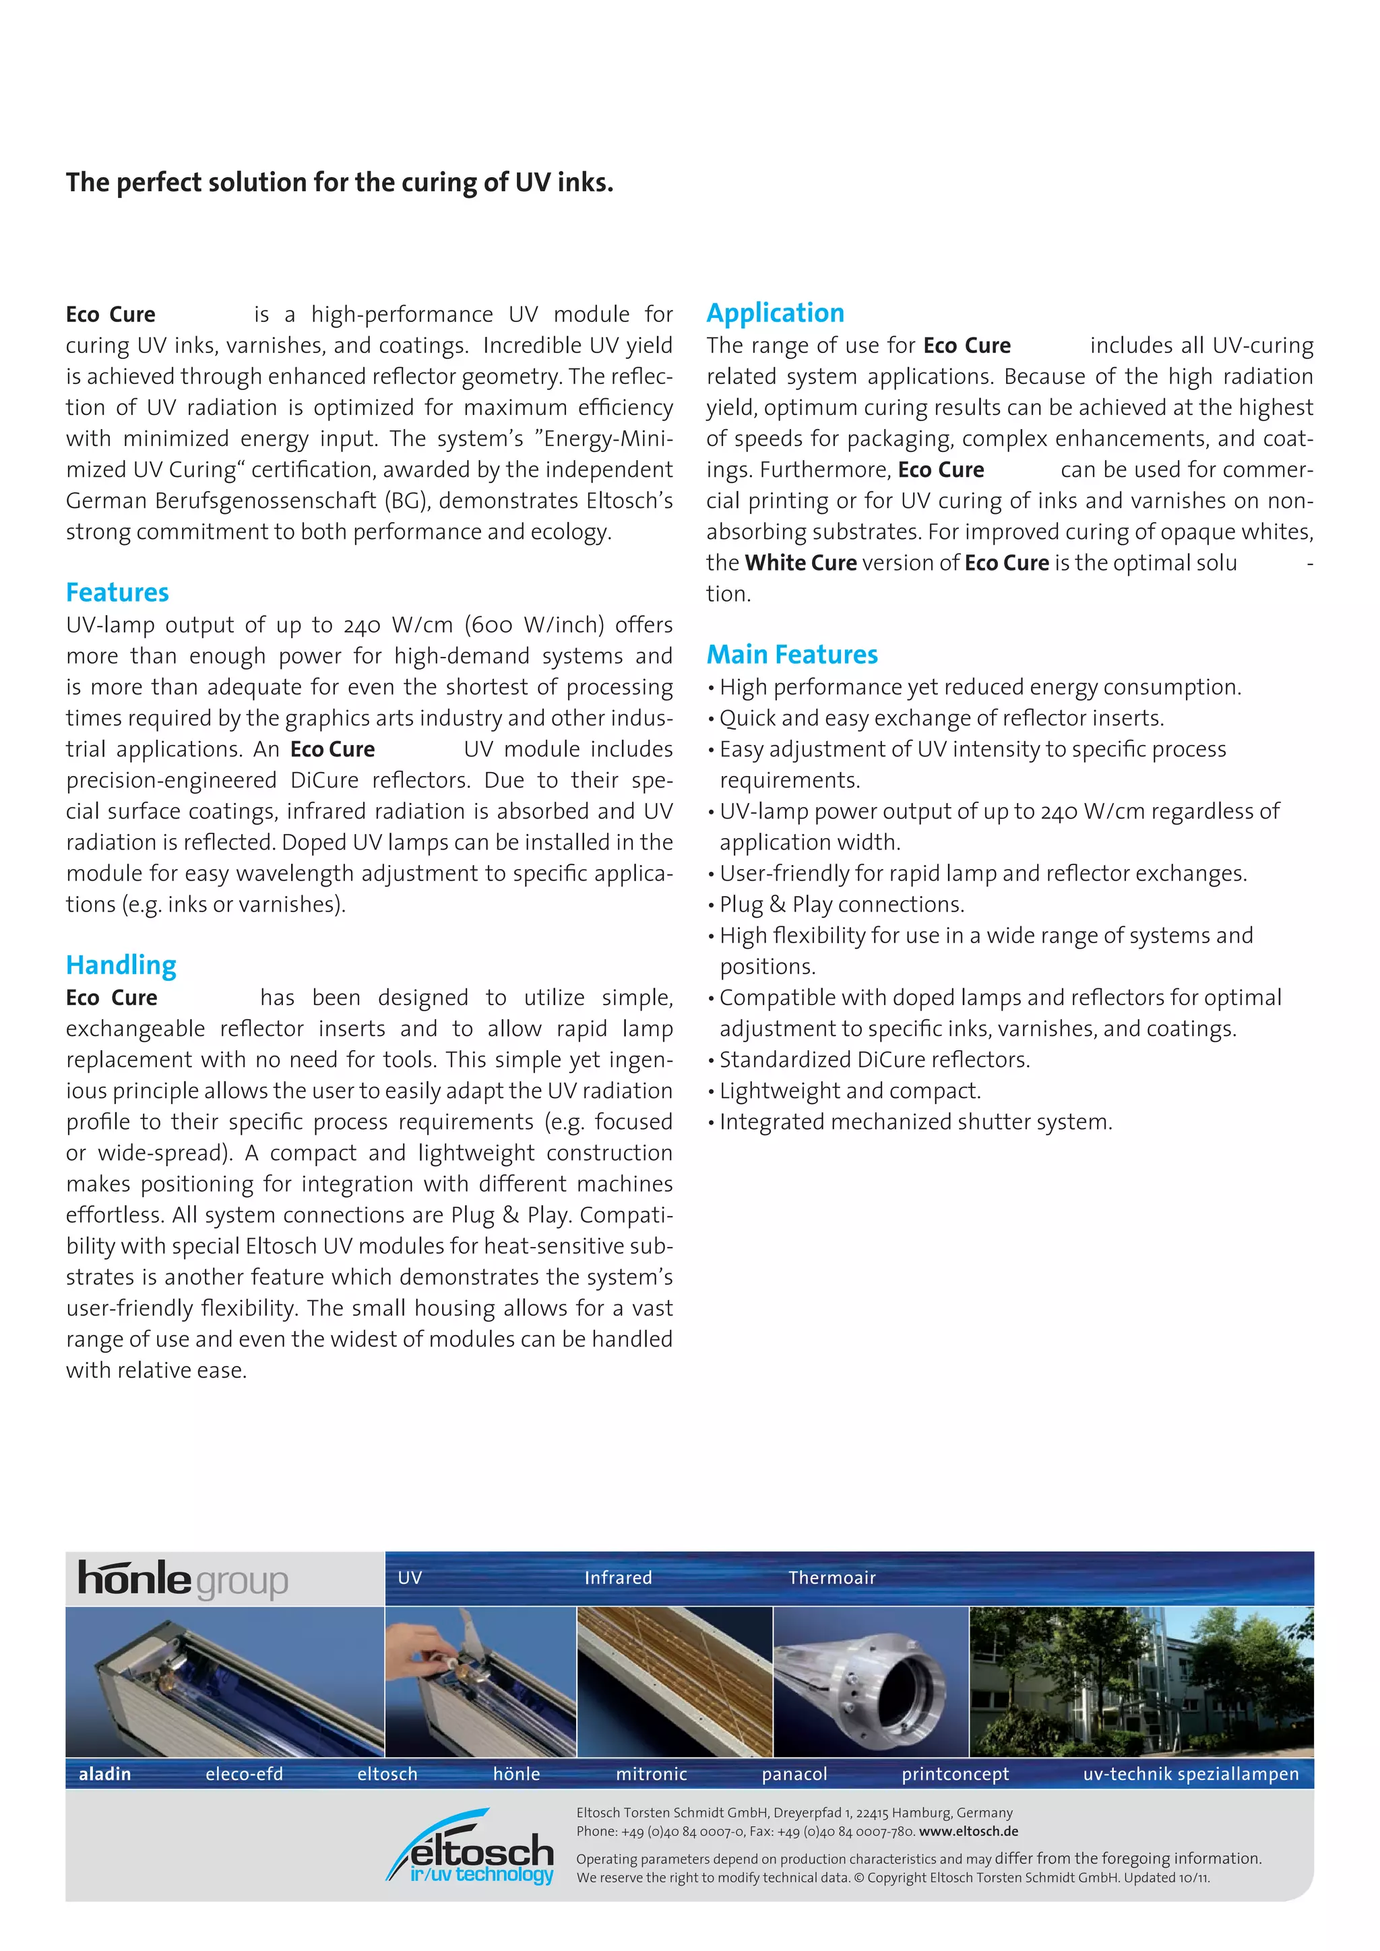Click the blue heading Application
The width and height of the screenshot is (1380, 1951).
click(x=775, y=313)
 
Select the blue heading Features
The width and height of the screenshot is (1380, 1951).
click(x=117, y=592)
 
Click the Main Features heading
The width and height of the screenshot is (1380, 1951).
click(x=792, y=654)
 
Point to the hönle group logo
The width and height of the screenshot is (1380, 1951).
click(x=183, y=1579)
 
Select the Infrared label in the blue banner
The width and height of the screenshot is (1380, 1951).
click(x=618, y=1578)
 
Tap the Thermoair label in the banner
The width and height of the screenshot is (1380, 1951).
click(x=831, y=1578)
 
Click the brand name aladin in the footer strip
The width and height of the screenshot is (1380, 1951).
click(x=104, y=1774)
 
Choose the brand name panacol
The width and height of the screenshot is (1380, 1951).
click(x=794, y=1774)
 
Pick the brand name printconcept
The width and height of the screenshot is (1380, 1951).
click(x=955, y=1774)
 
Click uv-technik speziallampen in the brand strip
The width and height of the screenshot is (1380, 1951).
click(x=1191, y=1774)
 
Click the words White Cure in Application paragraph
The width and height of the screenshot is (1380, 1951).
click(x=801, y=563)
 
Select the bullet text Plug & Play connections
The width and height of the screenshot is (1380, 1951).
click(x=841, y=905)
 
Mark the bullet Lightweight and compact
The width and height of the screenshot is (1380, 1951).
click(x=850, y=1091)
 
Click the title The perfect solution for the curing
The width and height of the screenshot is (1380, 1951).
click(x=339, y=183)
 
